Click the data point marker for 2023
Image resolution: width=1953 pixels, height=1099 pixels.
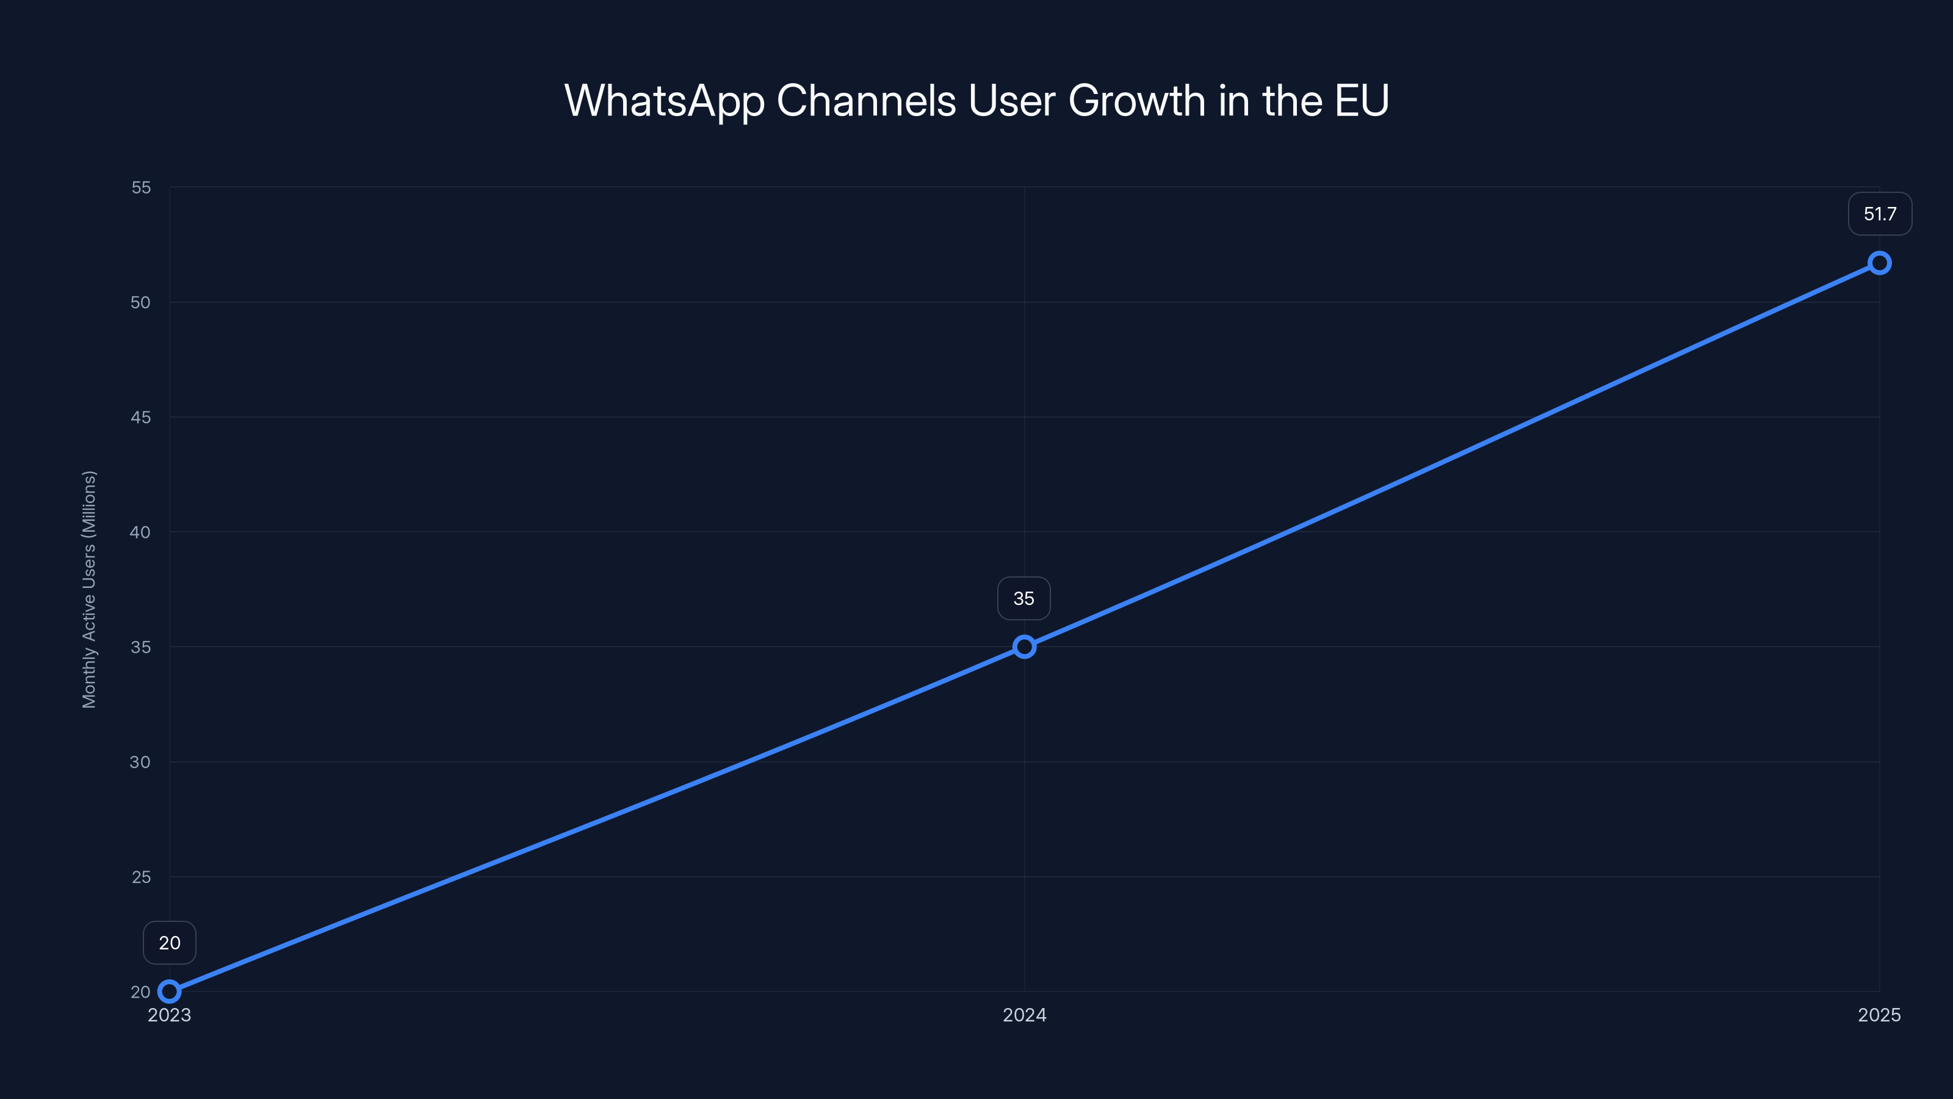coord(169,992)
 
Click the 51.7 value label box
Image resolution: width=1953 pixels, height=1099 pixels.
coord(1880,214)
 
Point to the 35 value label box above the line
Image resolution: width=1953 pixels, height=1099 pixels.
coord(1023,598)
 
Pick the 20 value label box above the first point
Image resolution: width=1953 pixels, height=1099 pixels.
coord(169,943)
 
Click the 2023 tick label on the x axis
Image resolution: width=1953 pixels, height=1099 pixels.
coord(169,1015)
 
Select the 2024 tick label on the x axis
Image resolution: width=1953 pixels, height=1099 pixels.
coord(1024,1015)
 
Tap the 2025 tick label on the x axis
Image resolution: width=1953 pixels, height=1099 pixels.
coord(1879,1015)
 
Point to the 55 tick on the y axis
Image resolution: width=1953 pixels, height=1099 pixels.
coord(141,187)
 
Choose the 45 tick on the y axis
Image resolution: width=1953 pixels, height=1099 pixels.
coord(140,417)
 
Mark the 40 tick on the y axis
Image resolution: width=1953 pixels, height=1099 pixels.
coord(140,532)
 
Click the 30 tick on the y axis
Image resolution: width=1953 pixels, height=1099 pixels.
coord(140,762)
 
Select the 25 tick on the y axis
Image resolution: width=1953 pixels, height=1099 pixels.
coord(141,877)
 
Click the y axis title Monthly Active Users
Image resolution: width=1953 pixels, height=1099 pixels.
coord(88,589)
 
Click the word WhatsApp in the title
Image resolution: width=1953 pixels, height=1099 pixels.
coord(664,101)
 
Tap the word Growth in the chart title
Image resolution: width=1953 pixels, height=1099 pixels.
coord(1136,101)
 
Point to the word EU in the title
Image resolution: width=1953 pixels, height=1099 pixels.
coord(1362,101)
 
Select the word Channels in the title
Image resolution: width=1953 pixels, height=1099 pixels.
coord(866,101)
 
